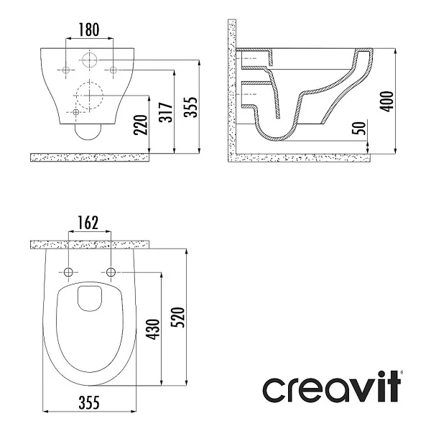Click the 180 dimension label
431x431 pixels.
tap(89, 29)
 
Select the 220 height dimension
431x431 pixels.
tap(141, 125)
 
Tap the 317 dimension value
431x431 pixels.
tap(166, 112)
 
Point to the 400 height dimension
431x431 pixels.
tap(386, 101)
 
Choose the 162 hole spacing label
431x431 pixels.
tap(88, 223)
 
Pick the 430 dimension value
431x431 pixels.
tap(152, 329)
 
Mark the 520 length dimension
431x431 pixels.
tap(177, 318)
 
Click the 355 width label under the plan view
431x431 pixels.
tap(89, 403)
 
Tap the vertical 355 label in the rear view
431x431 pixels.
tap(191, 107)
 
